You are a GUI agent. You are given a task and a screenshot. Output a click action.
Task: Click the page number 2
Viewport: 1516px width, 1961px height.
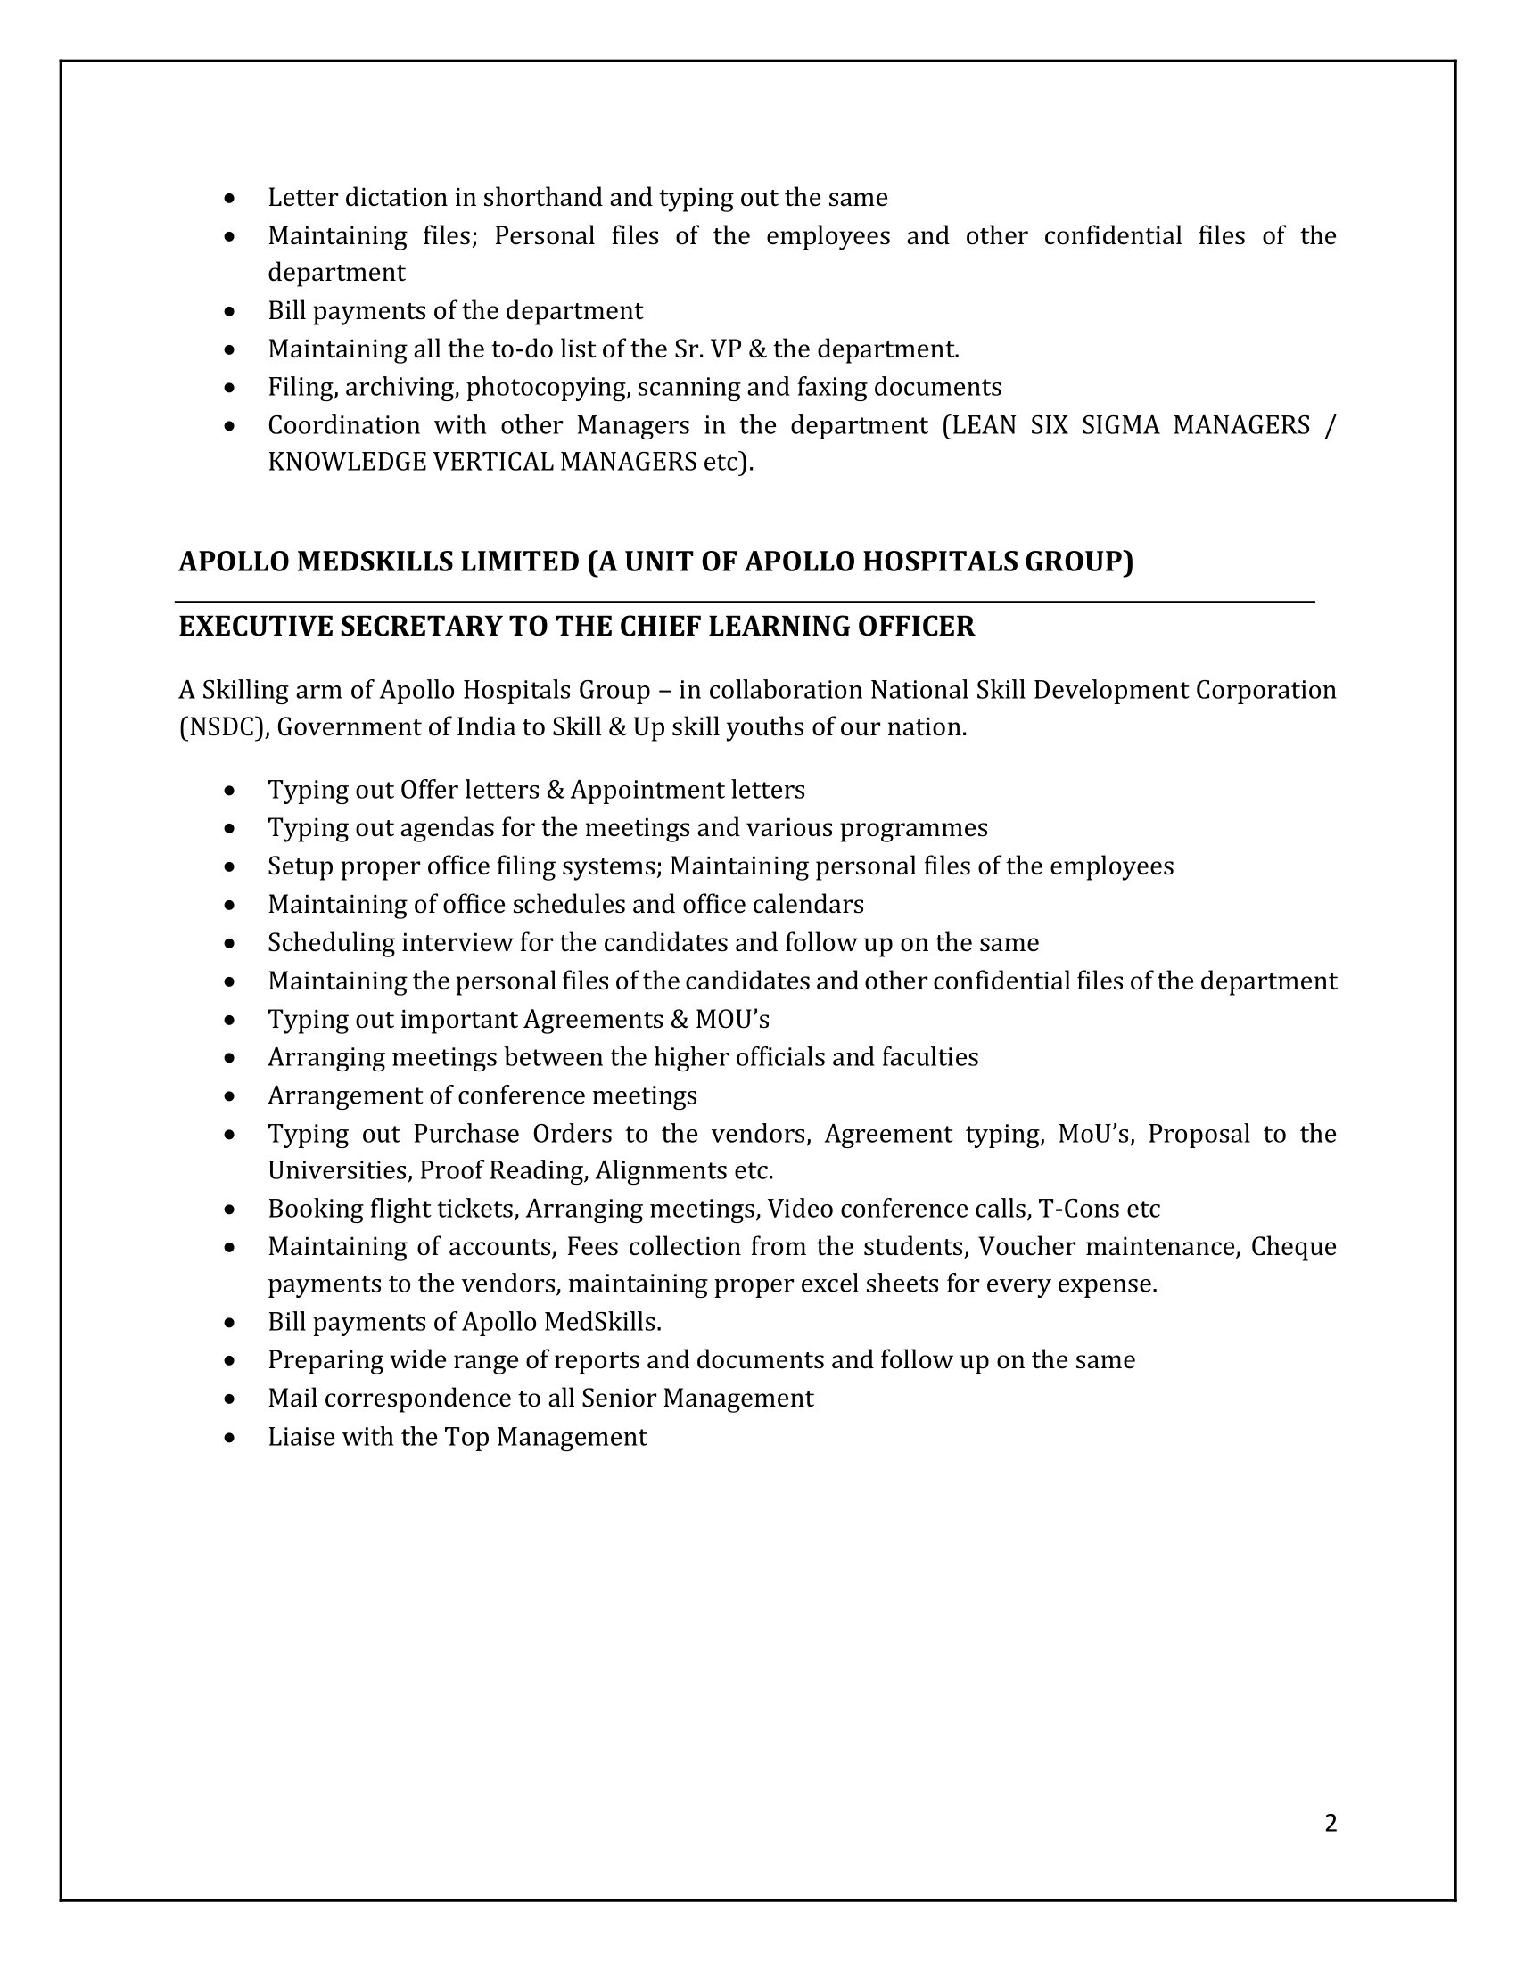tap(1331, 1823)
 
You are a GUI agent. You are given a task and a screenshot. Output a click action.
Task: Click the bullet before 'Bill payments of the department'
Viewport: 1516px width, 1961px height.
tap(231, 312)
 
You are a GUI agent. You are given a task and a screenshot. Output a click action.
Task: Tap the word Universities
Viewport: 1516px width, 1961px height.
tap(339, 1171)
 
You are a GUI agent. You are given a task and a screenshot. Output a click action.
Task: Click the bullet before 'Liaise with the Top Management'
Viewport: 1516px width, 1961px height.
tap(231, 1438)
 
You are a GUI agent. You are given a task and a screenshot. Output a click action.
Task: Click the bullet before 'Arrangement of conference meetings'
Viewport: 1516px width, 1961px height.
tap(231, 1096)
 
